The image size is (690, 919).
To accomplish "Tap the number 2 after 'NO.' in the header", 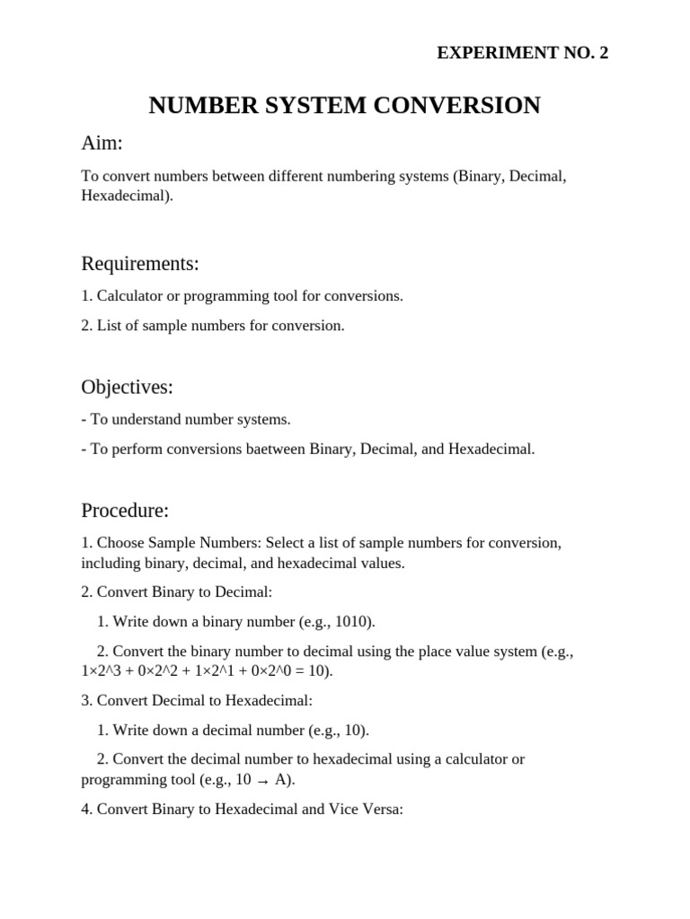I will pyautogui.click(x=604, y=54).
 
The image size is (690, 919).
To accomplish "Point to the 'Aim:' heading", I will pyautogui.click(x=102, y=144).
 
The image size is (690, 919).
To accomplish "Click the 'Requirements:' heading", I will pyautogui.click(x=140, y=264).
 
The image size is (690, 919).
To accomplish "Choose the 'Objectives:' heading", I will pyautogui.click(x=127, y=388).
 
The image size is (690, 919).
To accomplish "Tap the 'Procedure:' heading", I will pyautogui.click(x=125, y=512).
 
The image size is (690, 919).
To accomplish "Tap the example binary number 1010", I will pyautogui.click(x=355, y=621).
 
